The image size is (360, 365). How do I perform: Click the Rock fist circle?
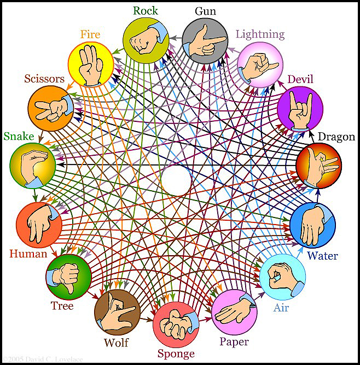(x=145, y=40)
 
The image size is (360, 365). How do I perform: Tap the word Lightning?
(x=260, y=34)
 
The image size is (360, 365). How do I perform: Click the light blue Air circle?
(x=282, y=276)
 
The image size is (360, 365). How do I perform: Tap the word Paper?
(x=234, y=342)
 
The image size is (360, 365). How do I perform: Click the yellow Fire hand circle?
(x=91, y=63)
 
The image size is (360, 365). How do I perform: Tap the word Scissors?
(x=44, y=79)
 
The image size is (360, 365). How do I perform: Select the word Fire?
(x=90, y=34)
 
